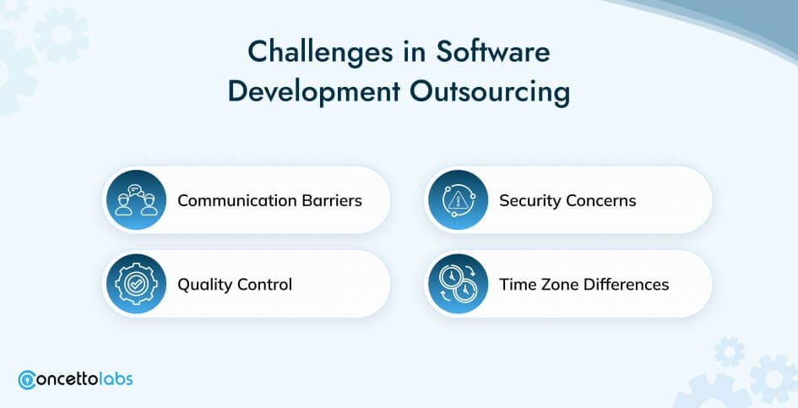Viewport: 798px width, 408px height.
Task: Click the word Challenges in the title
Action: point(320,53)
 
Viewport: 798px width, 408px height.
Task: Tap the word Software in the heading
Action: point(493,52)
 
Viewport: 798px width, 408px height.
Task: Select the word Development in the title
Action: point(314,94)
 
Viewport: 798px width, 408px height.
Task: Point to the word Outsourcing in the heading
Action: point(490,94)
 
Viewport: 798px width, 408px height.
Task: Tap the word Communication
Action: point(237,201)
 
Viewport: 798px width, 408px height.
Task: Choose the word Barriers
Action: point(332,201)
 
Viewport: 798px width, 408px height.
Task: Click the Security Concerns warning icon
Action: point(458,199)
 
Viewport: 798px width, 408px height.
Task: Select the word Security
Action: point(529,201)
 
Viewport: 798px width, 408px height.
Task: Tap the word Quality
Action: point(204,285)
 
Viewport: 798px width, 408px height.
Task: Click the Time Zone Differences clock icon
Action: point(458,284)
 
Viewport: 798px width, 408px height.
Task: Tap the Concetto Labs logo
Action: point(75,379)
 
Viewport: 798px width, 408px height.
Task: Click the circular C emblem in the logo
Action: point(27,380)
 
